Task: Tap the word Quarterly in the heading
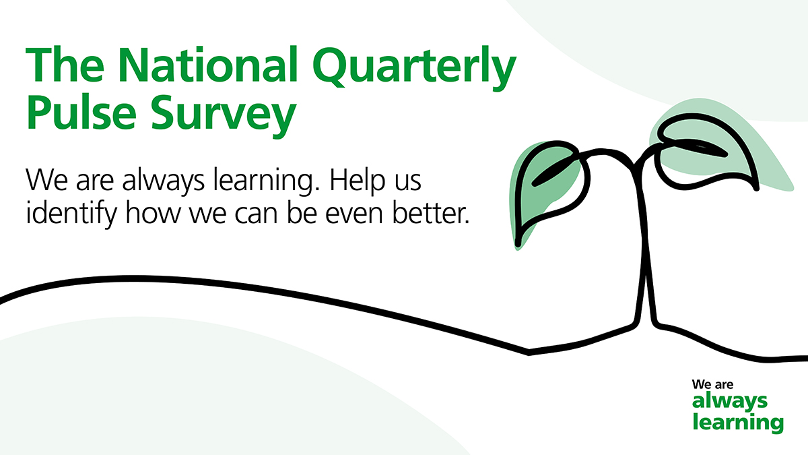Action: pos(415,69)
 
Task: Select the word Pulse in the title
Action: pos(81,112)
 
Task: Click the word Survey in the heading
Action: pos(224,115)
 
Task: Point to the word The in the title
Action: pos(65,64)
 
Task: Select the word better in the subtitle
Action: pos(431,214)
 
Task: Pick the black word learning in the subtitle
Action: pos(266,181)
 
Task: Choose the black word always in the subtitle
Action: pos(164,181)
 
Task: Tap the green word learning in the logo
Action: pos(738,423)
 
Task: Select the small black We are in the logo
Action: pos(712,385)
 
